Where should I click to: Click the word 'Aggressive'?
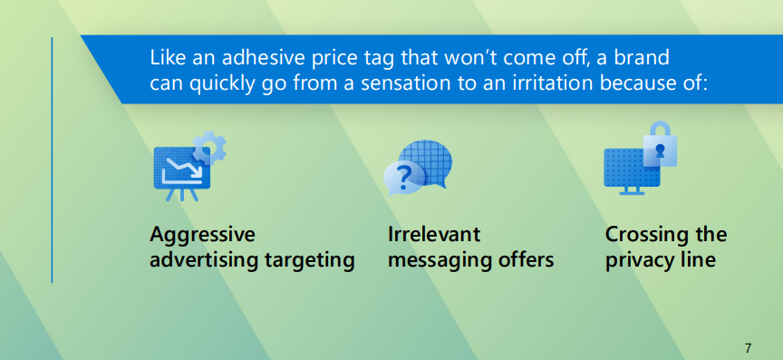pos(202,235)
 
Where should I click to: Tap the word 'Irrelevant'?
pos(434,235)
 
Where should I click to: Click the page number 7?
pos(748,347)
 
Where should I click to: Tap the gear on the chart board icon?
pos(210,147)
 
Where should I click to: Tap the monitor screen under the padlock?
pos(627,168)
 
